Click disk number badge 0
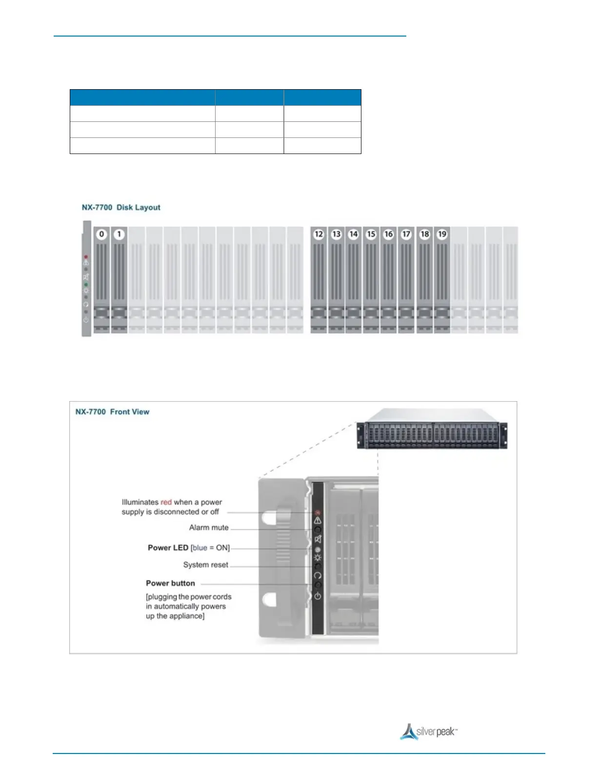pyautogui.click(x=101, y=234)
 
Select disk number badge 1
pyautogui.click(x=119, y=234)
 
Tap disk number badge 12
pyautogui.click(x=318, y=234)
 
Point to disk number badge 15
pyautogui.click(x=371, y=234)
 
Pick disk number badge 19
pyautogui.click(x=442, y=234)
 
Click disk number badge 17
pyautogui.click(x=406, y=234)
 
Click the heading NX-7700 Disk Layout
pyautogui.click(x=121, y=208)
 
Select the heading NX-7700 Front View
pyautogui.click(x=112, y=412)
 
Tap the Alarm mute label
pyautogui.click(x=209, y=528)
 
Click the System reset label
pyautogui.click(x=205, y=565)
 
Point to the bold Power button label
pyautogui.click(x=170, y=583)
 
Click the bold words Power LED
pyautogui.click(x=168, y=548)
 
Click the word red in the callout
pyautogui.click(x=166, y=502)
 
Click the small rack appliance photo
pyautogui.click(x=432, y=429)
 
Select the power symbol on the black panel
pyautogui.click(x=318, y=596)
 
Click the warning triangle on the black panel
pyautogui.click(x=318, y=521)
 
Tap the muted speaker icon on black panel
pyautogui.click(x=318, y=539)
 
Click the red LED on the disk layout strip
pyautogui.click(x=86, y=256)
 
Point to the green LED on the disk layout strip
pyautogui.click(x=86, y=284)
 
